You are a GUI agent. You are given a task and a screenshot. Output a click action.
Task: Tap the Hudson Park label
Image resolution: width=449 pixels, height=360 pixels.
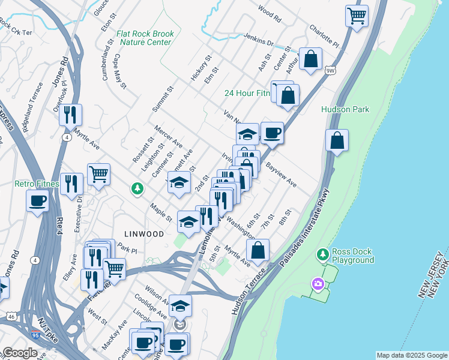345,109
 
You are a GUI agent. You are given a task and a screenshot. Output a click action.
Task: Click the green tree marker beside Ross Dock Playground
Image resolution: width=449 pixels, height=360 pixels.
322,255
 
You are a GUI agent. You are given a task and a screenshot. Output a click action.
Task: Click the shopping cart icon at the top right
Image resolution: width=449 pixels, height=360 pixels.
357,15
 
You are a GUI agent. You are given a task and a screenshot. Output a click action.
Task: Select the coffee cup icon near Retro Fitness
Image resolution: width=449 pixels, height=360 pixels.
37,200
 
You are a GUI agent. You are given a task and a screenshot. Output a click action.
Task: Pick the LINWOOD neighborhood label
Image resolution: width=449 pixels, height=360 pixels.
144,234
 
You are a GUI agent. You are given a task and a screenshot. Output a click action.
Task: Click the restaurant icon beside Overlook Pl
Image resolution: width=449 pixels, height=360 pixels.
70,114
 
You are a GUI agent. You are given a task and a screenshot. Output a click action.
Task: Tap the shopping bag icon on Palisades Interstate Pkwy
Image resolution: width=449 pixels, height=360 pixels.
337,140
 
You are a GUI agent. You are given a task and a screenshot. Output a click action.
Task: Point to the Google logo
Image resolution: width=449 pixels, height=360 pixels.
20,353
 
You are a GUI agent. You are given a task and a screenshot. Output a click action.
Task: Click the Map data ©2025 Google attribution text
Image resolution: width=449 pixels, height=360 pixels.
412,355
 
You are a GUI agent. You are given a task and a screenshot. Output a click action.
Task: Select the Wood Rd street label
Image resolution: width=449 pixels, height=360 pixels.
269,14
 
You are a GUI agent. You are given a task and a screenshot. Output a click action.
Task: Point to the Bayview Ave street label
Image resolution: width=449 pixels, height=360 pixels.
281,173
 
